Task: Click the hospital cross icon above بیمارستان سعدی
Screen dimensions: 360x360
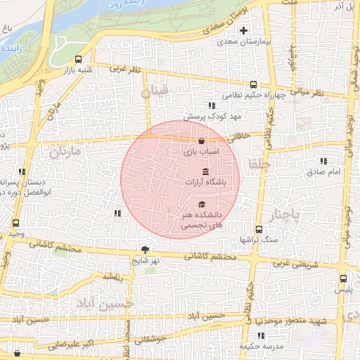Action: pos(243,30)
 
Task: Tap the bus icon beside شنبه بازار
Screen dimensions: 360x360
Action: pos(77,60)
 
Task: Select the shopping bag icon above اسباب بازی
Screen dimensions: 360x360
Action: pos(202,141)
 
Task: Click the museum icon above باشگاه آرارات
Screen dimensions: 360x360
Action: pos(205,172)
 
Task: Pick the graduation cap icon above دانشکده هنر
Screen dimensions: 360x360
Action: pos(202,204)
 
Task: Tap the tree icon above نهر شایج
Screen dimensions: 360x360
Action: pos(146,249)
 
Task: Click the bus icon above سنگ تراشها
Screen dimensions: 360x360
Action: pos(259,229)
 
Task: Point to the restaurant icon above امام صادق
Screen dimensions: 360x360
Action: pos(323,162)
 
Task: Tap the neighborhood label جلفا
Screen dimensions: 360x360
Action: pos(252,162)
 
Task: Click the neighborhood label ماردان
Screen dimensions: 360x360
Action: pos(65,150)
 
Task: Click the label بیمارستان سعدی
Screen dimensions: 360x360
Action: pos(241,42)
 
